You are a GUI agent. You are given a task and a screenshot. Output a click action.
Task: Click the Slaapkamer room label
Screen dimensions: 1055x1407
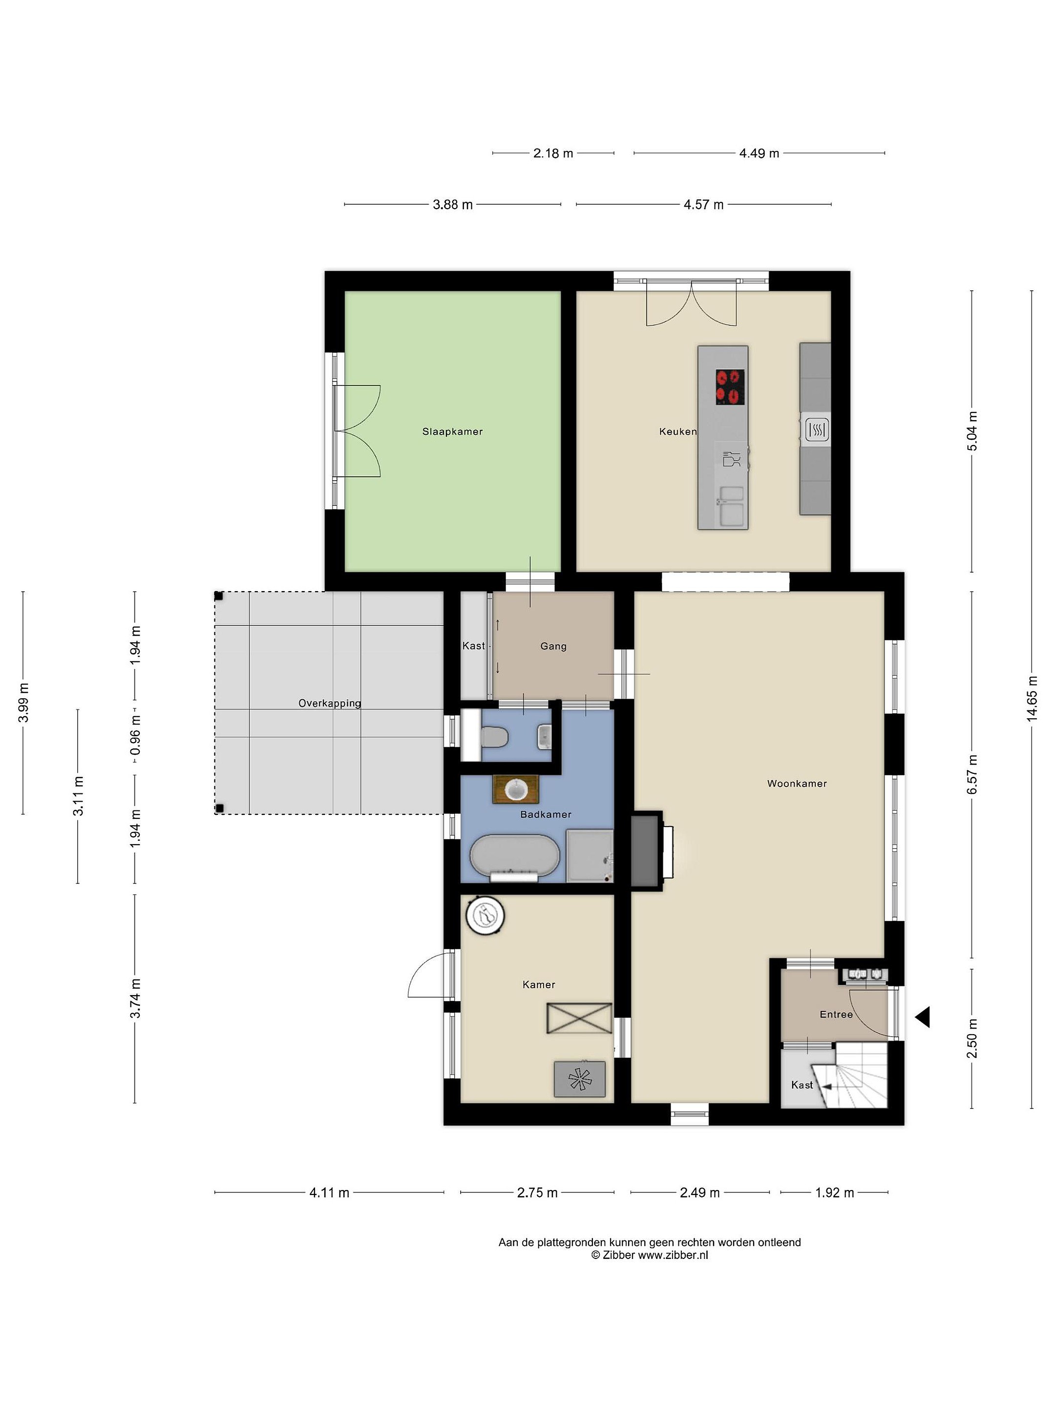click(452, 431)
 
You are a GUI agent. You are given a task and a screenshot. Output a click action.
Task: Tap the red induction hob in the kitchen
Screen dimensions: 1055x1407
click(730, 387)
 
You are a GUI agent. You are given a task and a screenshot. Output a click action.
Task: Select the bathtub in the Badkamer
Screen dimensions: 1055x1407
click(514, 857)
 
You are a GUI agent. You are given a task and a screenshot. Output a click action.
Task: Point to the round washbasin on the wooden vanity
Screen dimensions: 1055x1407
click(516, 790)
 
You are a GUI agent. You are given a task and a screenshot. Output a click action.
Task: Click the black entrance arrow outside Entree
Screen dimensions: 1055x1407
click(922, 1017)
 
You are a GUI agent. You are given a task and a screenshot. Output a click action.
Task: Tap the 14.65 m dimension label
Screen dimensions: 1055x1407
click(1032, 698)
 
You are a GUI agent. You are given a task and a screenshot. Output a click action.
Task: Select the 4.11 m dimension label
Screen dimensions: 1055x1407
click(329, 1192)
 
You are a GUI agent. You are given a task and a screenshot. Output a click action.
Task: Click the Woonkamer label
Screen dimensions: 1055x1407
click(797, 784)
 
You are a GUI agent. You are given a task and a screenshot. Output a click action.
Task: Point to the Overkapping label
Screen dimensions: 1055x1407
click(329, 703)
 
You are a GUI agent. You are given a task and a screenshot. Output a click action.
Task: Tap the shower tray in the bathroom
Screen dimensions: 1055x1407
click(590, 855)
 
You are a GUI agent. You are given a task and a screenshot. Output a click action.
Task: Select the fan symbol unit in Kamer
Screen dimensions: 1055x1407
click(579, 1078)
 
